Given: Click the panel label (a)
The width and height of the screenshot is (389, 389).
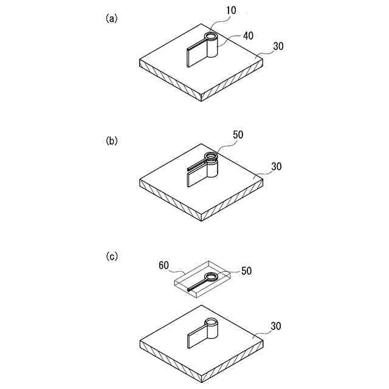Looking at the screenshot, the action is point(111,18).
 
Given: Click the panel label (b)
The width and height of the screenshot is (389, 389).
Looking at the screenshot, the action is point(111,140).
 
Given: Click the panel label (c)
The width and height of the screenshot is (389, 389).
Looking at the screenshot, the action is point(111,257).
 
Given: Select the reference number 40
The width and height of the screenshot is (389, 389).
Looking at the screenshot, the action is point(248,36).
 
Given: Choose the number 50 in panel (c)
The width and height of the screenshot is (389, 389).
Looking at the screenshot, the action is point(248,269).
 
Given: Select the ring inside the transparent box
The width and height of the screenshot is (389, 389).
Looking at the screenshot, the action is point(210,278).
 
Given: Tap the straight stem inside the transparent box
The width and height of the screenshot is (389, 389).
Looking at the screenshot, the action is point(196,286).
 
